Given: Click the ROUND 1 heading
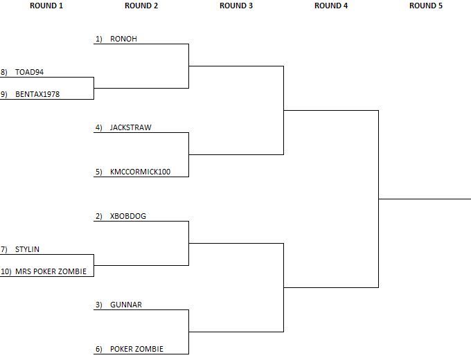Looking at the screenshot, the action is (x=46, y=6).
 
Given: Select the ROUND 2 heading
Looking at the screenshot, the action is (x=141, y=6).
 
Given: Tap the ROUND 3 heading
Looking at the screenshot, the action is (x=236, y=6).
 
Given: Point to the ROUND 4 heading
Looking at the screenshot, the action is (x=331, y=6).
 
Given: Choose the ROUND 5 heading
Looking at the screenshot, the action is (x=426, y=6).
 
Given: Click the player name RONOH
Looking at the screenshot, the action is (x=123, y=39).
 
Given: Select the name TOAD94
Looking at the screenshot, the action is (x=29, y=73).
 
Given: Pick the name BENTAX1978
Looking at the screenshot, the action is (x=37, y=94).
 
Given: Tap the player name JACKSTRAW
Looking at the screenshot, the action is (x=131, y=127).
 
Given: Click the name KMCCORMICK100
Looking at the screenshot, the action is (x=141, y=172).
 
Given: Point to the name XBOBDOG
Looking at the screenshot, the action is (x=128, y=216).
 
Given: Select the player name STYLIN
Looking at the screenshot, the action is (x=27, y=249).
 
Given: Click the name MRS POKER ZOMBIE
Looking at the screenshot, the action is (x=51, y=271).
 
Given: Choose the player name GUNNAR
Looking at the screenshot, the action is (x=126, y=305).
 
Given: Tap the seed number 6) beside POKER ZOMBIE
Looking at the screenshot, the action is (x=99, y=349).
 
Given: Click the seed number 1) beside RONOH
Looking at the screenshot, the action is (x=99, y=39).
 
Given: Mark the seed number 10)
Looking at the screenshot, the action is (x=6, y=271).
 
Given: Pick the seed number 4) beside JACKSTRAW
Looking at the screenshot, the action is (x=99, y=127).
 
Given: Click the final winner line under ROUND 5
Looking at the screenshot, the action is (x=425, y=199).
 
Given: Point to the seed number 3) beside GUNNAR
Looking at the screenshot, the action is (x=99, y=305).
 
